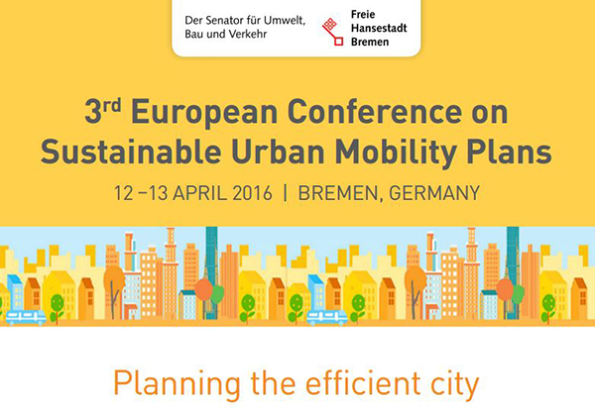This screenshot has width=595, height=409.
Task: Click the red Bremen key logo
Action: coord(332,32)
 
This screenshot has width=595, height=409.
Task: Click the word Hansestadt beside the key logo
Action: coord(379,28)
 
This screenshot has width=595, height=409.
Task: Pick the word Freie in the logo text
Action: coord(363,15)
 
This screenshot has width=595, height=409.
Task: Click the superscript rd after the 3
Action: coord(112,105)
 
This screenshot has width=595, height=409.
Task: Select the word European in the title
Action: coord(205,113)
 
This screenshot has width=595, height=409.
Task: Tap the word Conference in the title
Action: coord(379,112)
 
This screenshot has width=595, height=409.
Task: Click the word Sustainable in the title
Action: coord(131,152)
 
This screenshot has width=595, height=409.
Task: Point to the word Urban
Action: coord(278,152)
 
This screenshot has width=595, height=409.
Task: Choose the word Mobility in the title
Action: coord(396,153)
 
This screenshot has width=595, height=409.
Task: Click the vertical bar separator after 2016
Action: coord(285,193)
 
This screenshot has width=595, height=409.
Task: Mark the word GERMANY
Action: coord(434,193)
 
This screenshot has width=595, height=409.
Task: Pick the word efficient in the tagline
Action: coord(363,383)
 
